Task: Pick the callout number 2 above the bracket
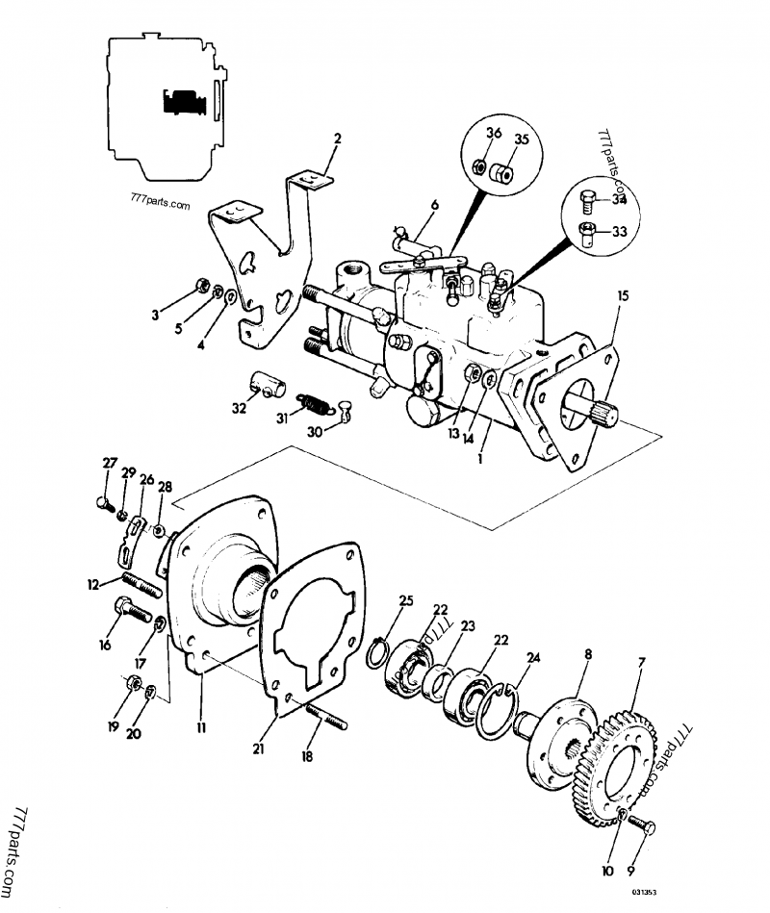coord(337,139)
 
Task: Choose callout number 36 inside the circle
coord(492,133)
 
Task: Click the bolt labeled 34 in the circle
coord(589,200)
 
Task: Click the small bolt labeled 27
coord(105,502)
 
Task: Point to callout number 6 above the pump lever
coord(434,204)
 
